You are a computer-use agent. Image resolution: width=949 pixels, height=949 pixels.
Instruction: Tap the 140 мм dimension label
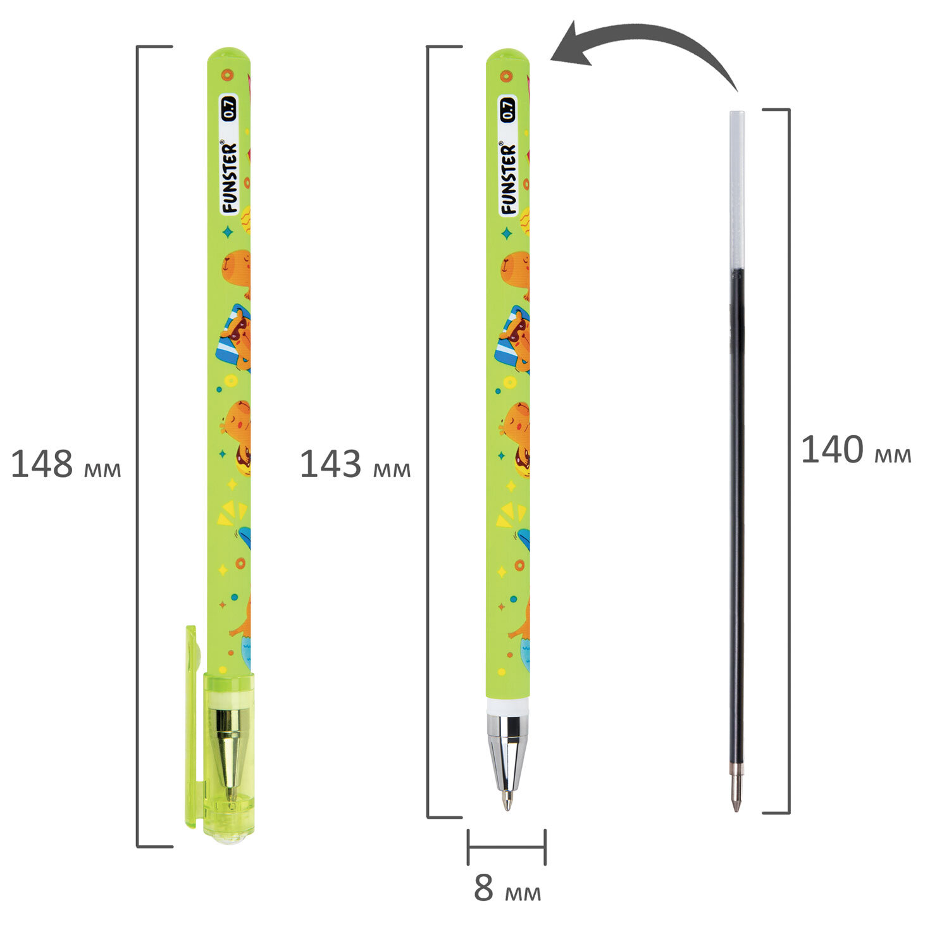pyautogui.click(x=856, y=450)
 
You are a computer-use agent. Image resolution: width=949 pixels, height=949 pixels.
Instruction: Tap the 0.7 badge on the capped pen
pyautogui.click(x=228, y=108)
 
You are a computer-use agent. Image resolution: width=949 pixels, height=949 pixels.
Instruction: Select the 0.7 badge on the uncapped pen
pyautogui.click(x=508, y=109)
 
